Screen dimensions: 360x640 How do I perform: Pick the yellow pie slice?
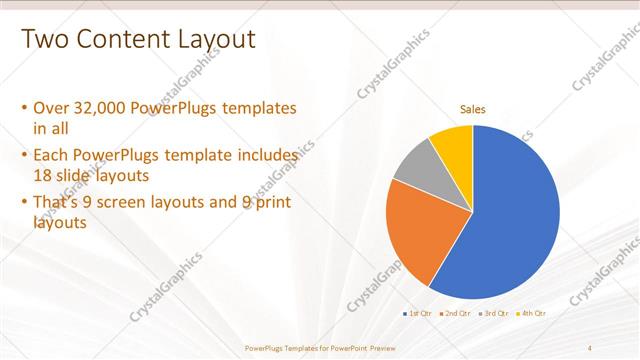pos(453,144)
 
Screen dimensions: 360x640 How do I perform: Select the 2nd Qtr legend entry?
pos(458,313)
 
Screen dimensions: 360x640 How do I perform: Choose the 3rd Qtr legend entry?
pos(496,313)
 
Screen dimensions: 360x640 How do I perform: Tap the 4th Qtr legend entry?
pos(534,313)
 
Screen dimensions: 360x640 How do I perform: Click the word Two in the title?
pos(43,39)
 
